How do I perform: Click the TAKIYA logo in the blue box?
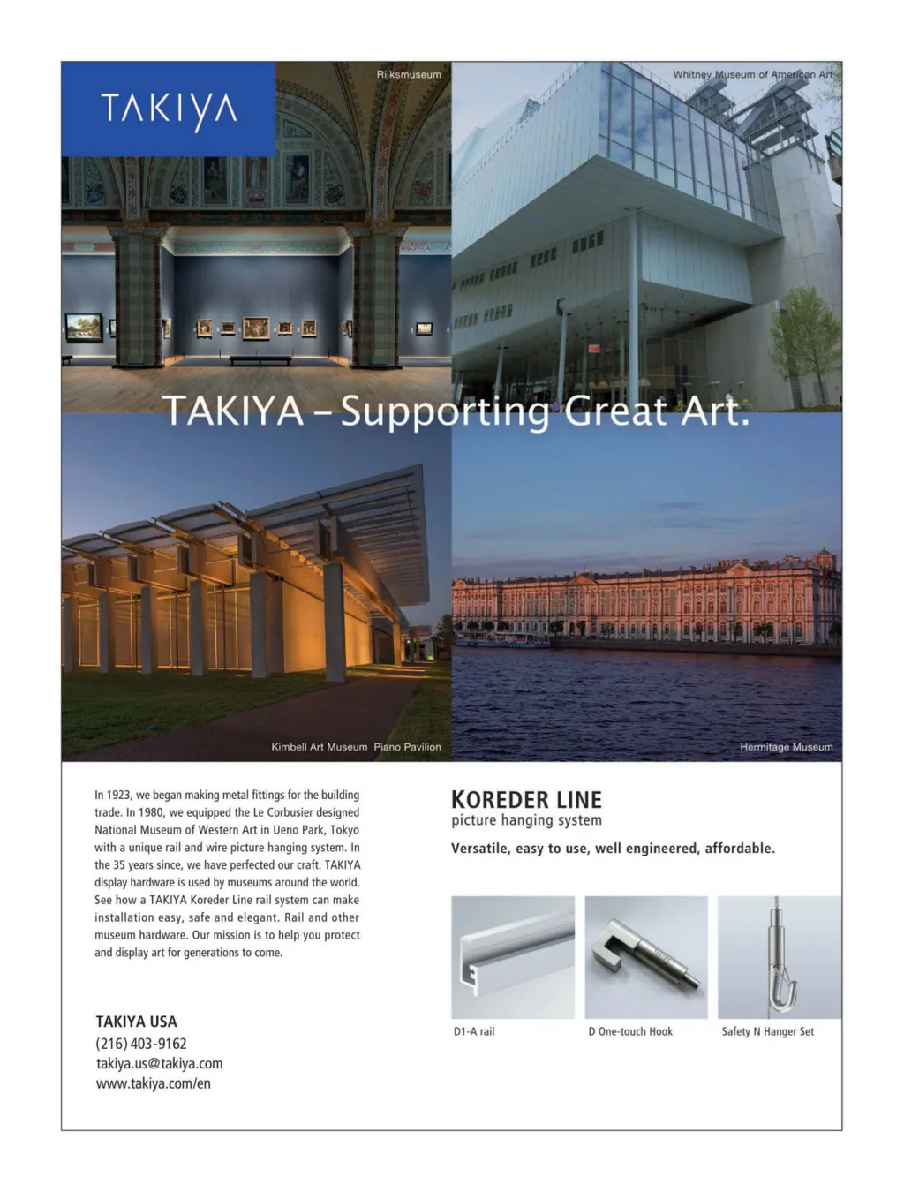[169, 110]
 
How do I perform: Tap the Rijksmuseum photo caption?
[409, 75]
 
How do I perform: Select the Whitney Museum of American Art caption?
[752, 75]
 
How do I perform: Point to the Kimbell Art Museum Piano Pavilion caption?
[356, 747]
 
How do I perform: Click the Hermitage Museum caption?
[786, 747]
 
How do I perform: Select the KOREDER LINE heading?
[526, 800]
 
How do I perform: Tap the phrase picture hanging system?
[526, 820]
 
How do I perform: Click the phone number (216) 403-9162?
[141, 1044]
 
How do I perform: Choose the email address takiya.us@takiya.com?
[159, 1064]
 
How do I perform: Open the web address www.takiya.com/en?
[154, 1083]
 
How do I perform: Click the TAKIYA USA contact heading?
[136, 1022]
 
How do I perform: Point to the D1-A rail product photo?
[513, 957]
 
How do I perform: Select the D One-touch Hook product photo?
[646, 957]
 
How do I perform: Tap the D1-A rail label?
[474, 1031]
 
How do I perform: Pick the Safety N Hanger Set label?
[767, 1031]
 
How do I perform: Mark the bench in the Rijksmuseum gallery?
[260, 359]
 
